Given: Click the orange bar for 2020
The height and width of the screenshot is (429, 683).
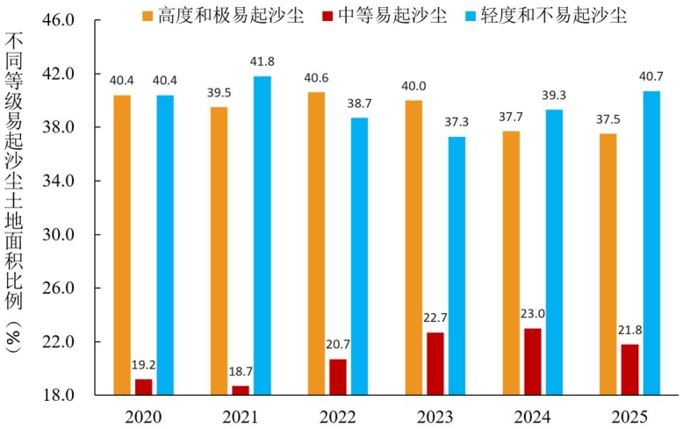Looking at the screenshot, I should pos(122,245).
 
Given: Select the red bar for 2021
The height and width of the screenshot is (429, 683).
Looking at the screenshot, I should pos(240,390).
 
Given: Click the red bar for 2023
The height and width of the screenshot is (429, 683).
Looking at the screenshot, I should pos(435,363).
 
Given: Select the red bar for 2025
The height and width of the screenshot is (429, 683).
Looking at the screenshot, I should pos(629,369).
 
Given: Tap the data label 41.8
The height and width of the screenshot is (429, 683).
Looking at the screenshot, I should pos(262,62).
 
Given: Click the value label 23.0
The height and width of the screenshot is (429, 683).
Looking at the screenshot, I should pos(532,313).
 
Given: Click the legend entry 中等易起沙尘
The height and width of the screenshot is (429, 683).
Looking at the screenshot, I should pos(385,15).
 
